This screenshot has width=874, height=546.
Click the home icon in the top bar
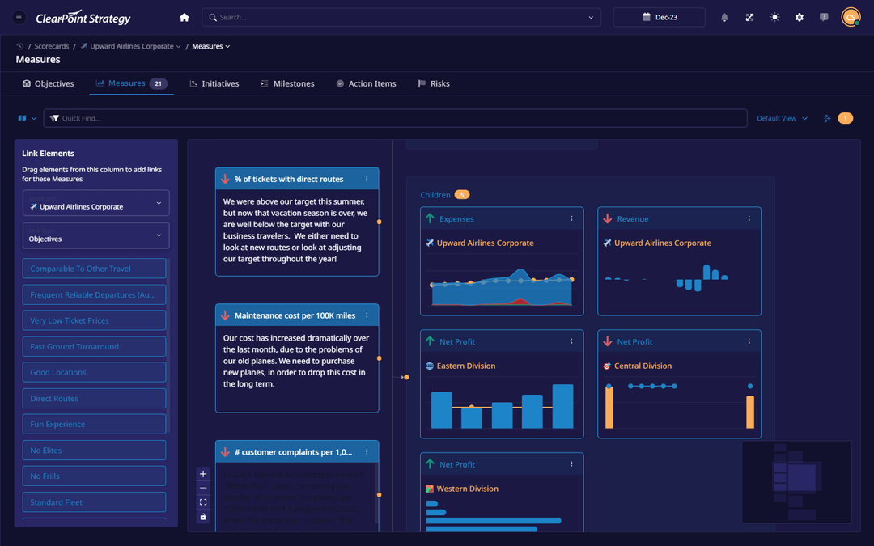pos(185,17)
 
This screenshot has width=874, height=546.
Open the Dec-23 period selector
pos(659,17)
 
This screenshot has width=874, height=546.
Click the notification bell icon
pos(724,17)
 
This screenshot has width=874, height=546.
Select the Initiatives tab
pos(214,83)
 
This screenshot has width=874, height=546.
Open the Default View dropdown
pos(782,118)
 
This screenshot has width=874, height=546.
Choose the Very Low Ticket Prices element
pos(94,320)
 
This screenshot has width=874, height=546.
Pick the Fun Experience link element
pos(94,424)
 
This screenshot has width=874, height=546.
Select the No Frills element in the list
pos(94,476)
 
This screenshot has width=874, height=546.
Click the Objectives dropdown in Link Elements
pos(95,235)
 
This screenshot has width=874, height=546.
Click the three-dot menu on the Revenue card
pos(749,218)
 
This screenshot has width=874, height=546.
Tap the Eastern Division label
pos(466,366)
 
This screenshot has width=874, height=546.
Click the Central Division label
pos(643,366)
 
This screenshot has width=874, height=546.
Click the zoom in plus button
pos(203,474)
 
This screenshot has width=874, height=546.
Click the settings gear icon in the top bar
pos(799,17)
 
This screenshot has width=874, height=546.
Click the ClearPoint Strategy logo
pos(83,18)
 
